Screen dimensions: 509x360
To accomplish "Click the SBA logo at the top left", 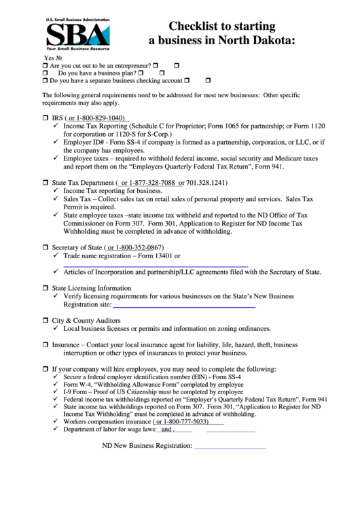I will (74, 32).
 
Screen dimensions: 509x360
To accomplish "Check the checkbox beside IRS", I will (46, 118).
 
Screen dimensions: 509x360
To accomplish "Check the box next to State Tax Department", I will (46, 183).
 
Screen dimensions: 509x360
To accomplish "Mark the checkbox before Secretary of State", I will (46, 247).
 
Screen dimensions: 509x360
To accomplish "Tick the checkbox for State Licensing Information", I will (46, 288).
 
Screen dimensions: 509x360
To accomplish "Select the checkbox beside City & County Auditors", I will (46, 320).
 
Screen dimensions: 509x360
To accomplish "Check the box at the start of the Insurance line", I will (46, 345).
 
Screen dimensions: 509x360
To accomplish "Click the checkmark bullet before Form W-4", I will (56, 384).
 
